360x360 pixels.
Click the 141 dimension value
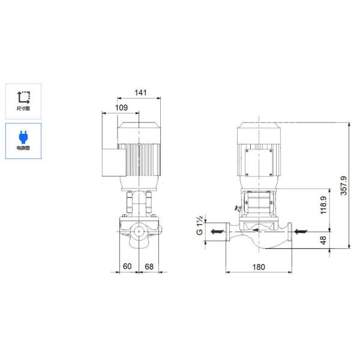139,93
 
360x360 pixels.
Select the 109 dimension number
121,108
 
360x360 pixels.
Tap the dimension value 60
127,265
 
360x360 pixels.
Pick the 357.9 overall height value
344,184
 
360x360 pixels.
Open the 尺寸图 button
23,100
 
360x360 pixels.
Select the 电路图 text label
23,148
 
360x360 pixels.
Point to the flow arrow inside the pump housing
259,229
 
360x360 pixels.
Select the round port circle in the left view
139,230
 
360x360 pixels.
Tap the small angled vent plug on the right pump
238,208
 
